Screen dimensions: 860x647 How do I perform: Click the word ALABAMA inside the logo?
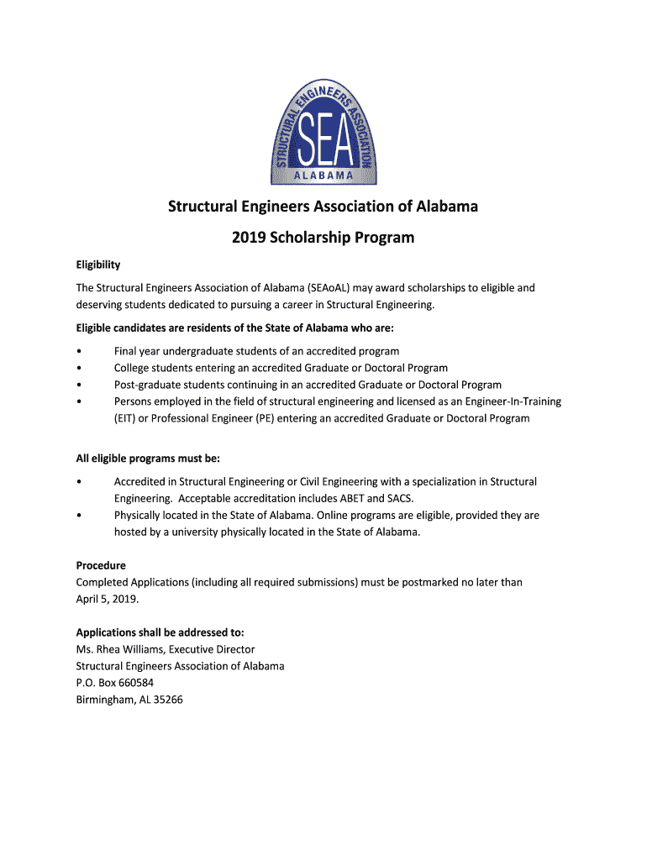pos(323,176)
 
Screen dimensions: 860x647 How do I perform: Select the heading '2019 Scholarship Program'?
pos(323,238)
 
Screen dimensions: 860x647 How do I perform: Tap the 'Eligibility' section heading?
pos(98,265)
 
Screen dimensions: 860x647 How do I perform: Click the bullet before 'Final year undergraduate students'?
pos(78,351)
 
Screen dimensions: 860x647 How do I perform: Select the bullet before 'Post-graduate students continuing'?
pos(78,385)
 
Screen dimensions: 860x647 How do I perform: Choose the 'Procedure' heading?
pos(101,565)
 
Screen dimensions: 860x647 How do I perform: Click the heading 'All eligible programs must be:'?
pos(148,458)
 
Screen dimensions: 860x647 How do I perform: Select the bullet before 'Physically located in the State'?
pos(78,515)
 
